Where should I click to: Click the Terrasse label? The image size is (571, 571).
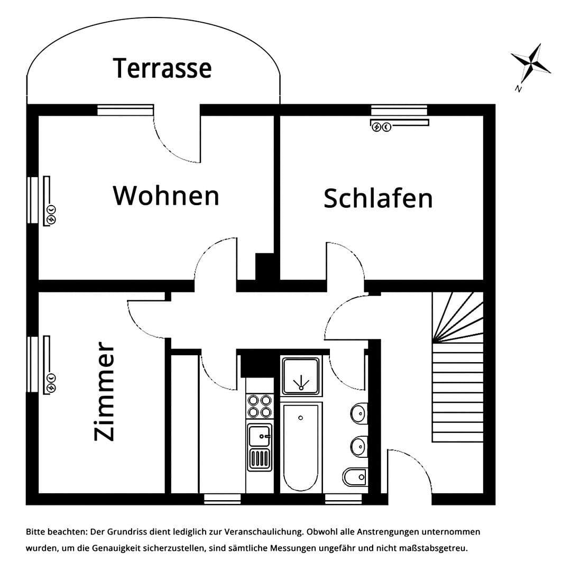[162, 68]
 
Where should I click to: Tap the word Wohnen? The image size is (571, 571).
[165, 196]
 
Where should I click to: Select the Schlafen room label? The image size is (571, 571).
[378, 198]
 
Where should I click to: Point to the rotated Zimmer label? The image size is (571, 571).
[104, 391]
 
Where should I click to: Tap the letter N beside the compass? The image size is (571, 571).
[518, 89]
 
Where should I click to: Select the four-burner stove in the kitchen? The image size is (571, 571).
[259, 406]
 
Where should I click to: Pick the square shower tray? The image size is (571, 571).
[301, 376]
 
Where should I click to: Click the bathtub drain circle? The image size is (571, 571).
[300, 418]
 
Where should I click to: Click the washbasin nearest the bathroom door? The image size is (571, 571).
[359, 411]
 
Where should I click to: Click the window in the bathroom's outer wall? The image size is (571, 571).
[343, 499]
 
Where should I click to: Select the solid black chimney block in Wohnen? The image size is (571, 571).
[264, 267]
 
